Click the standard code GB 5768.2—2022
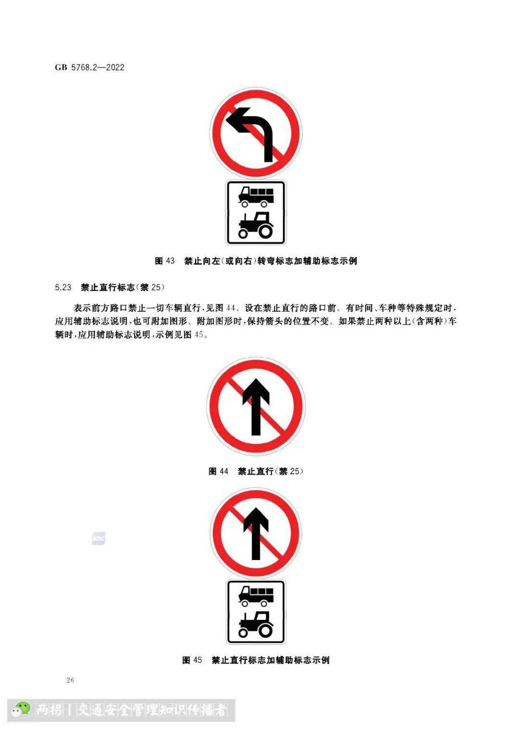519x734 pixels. [x=89, y=67]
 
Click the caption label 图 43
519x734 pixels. [x=164, y=261]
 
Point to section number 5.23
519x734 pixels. [x=63, y=287]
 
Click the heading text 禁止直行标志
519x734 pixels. [x=108, y=287]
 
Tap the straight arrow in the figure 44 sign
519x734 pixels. [x=256, y=407]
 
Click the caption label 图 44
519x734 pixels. [x=218, y=471]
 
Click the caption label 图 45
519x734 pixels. [x=192, y=660]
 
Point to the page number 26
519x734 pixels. [x=70, y=680]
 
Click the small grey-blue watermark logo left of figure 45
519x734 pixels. [x=99, y=538]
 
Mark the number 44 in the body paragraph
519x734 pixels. [x=231, y=308]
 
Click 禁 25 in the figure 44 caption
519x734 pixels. [x=289, y=471]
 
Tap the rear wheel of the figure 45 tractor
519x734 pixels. [x=264, y=629]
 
